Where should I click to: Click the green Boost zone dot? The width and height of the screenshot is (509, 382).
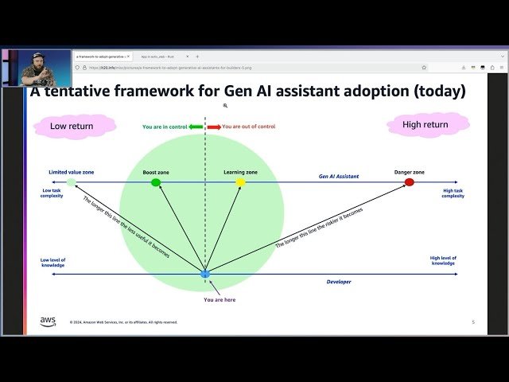[156, 182]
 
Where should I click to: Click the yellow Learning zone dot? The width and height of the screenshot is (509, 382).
[241, 182]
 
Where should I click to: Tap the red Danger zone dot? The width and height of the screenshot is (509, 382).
[410, 182]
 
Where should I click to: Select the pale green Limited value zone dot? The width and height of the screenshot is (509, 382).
[72, 182]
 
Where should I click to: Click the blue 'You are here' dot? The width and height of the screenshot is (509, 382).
[205, 274]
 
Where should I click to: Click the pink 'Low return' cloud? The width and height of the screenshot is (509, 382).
[72, 126]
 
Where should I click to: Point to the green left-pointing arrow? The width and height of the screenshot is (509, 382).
[196, 127]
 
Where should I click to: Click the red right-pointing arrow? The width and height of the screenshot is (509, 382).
[214, 127]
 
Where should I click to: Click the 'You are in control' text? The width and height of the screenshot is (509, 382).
[164, 127]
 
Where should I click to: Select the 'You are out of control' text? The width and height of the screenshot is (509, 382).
[248, 127]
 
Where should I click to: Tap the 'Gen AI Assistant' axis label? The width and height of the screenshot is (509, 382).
[338, 176]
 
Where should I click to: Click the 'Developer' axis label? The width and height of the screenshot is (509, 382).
[338, 281]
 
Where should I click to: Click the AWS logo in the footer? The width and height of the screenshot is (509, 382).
[48, 322]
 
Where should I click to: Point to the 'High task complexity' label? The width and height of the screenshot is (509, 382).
[453, 193]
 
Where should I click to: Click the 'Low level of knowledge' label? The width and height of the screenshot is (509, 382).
[53, 263]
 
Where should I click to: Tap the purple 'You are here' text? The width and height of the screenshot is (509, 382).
[219, 299]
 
